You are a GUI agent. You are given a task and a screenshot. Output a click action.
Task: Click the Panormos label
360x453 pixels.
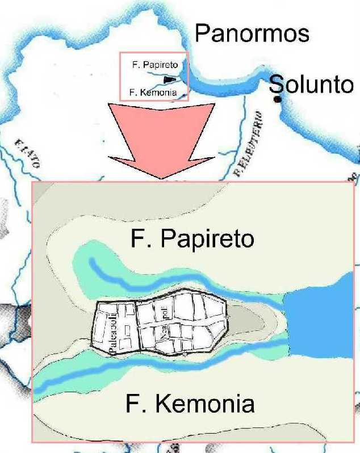(252, 33)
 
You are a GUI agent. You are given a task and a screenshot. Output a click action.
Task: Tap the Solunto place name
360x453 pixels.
(311, 85)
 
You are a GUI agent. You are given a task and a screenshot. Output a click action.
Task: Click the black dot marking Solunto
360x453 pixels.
(277, 99)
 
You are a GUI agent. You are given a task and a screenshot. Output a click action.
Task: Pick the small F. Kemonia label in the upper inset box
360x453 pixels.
(150, 91)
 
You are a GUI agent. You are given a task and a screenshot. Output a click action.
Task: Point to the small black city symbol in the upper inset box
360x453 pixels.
(169, 79)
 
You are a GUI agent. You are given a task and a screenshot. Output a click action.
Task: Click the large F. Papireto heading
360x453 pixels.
(192, 239)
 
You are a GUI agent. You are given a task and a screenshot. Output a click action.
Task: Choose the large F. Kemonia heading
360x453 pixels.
(190, 405)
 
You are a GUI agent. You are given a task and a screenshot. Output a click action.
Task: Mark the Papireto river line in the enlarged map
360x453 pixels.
(170, 280)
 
